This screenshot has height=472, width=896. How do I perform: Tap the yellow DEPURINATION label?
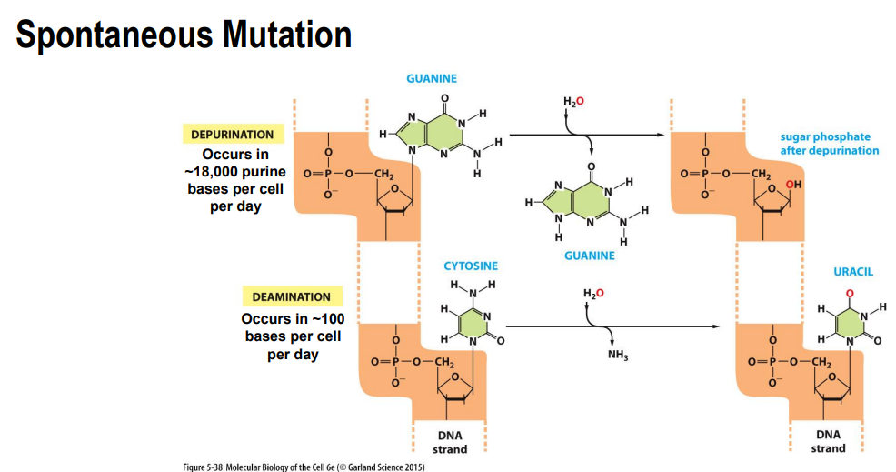(x=232, y=135)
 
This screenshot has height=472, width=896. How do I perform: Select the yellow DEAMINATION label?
(x=291, y=296)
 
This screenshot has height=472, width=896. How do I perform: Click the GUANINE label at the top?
(x=431, y=79)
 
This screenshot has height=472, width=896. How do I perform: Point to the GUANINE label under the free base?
(x=589, y=256)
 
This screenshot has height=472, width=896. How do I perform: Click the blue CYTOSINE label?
(x=471, y=266)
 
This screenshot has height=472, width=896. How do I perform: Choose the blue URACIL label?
(x=852, y=272)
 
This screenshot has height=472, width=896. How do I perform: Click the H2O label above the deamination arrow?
(x=592, y=293)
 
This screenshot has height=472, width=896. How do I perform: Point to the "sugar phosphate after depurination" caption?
(x=830, y=144)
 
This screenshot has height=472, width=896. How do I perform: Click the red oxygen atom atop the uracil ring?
(x=851, y=292)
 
